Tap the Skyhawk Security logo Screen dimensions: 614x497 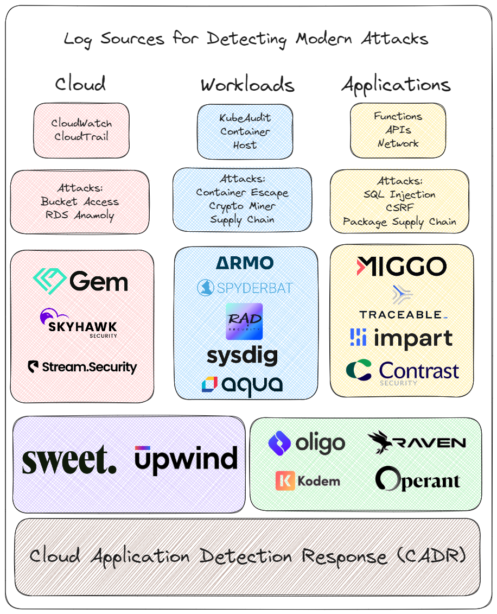[x=79, y=324]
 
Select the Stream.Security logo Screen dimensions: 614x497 [x=82, y=368]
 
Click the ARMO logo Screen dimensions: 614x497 [x=245, y=263]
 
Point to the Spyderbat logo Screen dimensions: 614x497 [x=245, y=288]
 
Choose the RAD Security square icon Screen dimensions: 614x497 [x=244, y=321]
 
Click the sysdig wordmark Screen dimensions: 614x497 [x=242, y=356]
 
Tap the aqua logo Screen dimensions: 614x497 [x=242, y=384]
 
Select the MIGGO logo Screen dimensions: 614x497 [x=402, y=267]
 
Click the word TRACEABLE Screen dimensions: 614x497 [x=402, y=315]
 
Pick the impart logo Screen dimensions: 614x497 [x=402, y=338]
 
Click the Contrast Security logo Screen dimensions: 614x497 [x=403, y=372]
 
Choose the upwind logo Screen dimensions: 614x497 [x=186, y=459]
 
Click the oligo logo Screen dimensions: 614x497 [x=307, y=443]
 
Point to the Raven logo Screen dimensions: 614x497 [x=417, y=443]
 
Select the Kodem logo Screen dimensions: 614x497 [x=308, y=481]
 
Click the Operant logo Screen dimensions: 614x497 [x=418, y=479]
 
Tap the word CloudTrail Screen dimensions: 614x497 [x=81, y=137]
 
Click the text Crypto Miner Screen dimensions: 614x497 [x=242, y=206]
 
